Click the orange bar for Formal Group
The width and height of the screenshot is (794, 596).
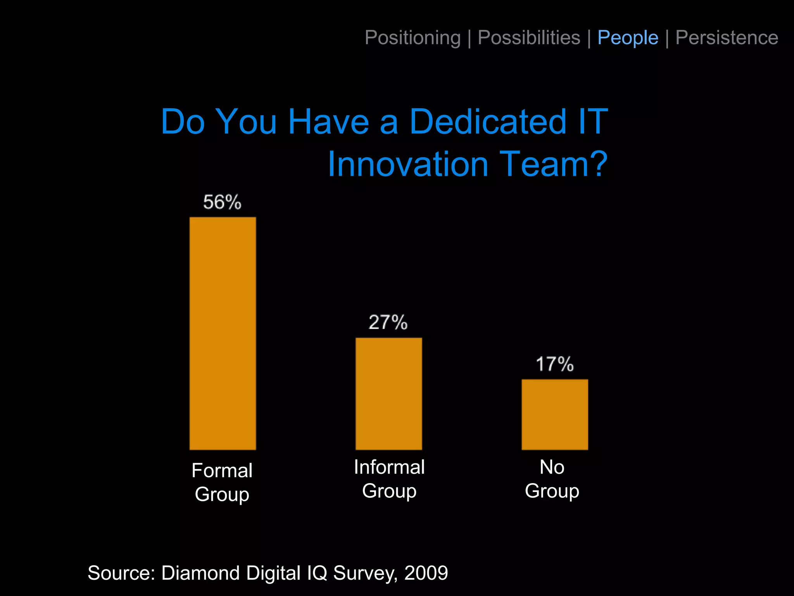click(x=223, y=333)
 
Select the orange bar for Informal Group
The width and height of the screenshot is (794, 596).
click(x=388, y=393)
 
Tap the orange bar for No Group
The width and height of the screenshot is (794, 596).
click(x=554, y=414)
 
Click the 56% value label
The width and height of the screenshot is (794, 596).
click(x=222, y=202)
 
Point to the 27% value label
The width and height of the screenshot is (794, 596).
click(x=388, y=322)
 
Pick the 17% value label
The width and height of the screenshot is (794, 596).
click(x=554, y=364)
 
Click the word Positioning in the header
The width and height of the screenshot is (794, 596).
click(x=413, y=38)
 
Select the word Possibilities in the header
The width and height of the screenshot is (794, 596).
click(x=529, y=38)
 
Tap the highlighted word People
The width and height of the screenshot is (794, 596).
click(x=628, y=38)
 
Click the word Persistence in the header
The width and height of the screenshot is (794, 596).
click(x=727, y=38)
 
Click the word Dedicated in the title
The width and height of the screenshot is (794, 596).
click(x=488, y=121)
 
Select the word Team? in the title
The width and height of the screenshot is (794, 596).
click(x=553, y=165)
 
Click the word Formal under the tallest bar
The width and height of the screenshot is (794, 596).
click(x=222, y=471)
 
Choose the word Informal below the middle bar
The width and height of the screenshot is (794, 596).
click(x=389, y=467)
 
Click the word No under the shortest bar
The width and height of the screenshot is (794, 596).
click(x=552, y=467)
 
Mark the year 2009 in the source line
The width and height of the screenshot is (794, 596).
click(x=426, y=573)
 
